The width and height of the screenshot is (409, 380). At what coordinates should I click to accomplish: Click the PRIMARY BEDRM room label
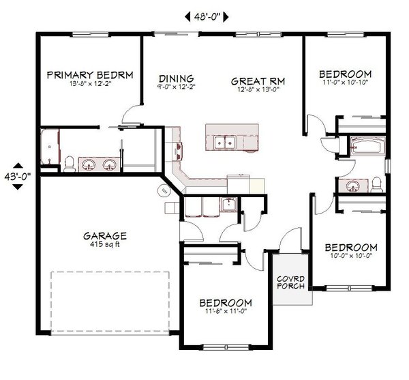(x=89, y=74)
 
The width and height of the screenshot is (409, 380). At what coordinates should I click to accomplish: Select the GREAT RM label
(x=257, y=80)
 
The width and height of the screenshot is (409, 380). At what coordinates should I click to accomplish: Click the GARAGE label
(x=105, y=236)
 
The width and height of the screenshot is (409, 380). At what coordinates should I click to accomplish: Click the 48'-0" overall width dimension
(x=207, y=15)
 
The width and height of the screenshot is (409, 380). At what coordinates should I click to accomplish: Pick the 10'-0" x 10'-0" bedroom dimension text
(x=350, y=257)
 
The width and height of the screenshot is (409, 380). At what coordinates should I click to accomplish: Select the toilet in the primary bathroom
(x=69, y=162)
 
